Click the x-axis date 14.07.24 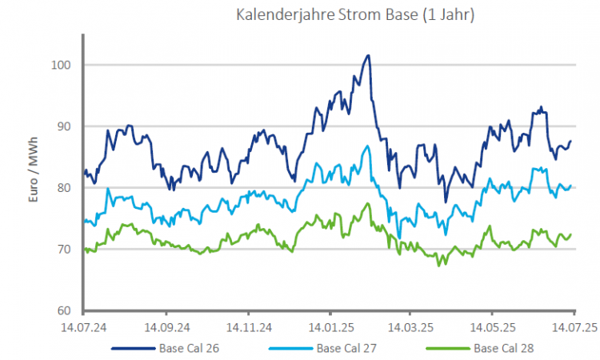tap(84, 327)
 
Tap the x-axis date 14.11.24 tap(247, 327)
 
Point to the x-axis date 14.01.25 tap(329, 327)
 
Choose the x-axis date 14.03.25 tap(410, 327)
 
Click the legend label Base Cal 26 tap(189, 349)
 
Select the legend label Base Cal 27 tap(346, 349)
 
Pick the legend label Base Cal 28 tap(502, 349)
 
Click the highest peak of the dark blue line tap(368, 55)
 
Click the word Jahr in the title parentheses tap(454, 15)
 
